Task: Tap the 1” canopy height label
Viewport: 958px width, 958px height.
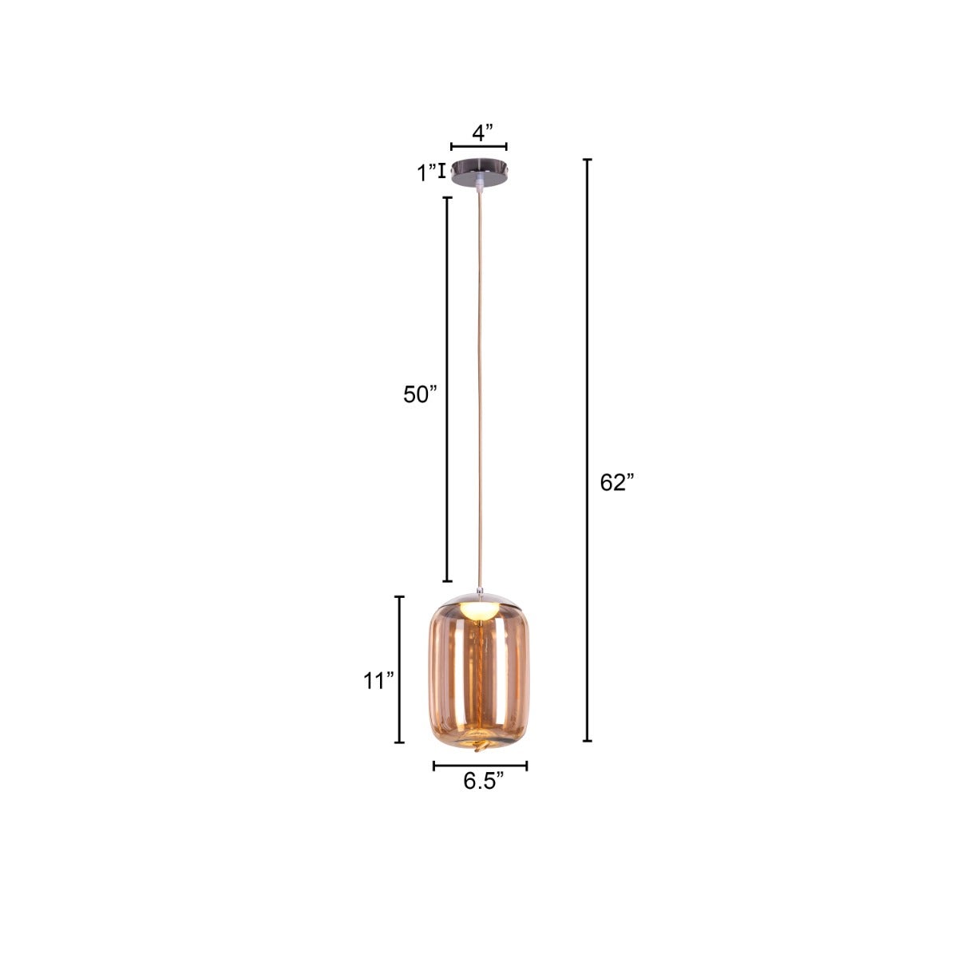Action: click(427, 172)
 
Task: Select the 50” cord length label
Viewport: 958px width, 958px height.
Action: click(421, 394)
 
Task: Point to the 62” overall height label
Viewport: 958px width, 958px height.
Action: click(616, 483)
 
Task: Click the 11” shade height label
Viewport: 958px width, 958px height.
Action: click(379, 681)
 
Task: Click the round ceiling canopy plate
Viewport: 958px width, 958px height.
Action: click(478, 172)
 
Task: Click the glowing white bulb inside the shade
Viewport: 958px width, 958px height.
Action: click(481, 611)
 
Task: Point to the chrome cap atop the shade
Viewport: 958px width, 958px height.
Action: click(479, 597)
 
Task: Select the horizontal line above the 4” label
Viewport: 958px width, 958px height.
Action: click(479, 147)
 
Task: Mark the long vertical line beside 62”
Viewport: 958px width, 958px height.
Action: click(588, 450)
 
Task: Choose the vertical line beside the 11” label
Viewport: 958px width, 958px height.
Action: click(400, 669)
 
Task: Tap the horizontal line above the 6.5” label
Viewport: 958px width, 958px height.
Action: click(480, 766)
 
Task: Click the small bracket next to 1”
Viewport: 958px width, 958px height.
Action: click(441, 170)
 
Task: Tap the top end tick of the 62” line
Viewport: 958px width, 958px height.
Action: click(588, 160)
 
